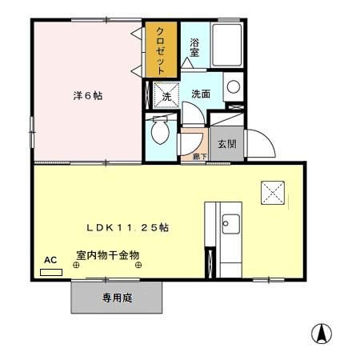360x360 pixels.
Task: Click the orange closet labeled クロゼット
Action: click(x=161, y=50)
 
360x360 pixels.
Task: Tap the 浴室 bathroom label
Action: click(x=194, y=49)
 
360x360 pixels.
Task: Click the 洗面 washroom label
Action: click(x=200, y=94)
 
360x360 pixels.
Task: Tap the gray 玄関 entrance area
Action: click(x=226, y=144)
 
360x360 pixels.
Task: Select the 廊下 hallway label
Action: click(x=198, y=157)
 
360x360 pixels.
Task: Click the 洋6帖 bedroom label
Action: click(x=87, y=95)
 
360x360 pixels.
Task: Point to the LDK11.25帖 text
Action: click(x=127, y=227)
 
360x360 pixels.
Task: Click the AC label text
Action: click(x=50, y=260)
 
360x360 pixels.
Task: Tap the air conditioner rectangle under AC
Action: click(x=51, y=272)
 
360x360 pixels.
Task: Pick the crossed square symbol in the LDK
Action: click(x=273, y=190)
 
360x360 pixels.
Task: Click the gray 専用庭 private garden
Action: click(x=119, y=298)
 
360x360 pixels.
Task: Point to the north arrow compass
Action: click(x=322, y=332)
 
